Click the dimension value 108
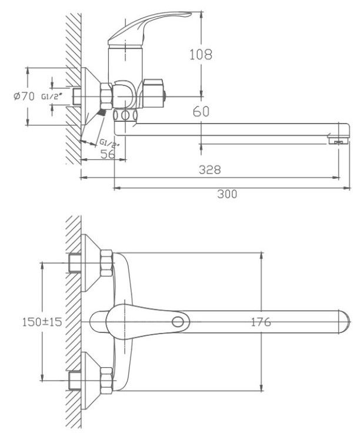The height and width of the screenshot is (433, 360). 200,55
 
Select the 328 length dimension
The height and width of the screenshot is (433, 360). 209,169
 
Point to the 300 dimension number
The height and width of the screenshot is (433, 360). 227,194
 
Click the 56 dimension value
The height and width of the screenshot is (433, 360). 107,154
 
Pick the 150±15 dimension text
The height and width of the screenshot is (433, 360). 42,322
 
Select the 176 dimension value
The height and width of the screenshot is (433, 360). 260,322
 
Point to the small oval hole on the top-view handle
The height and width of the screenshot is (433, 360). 177,322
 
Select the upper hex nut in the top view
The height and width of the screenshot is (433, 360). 106,262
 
